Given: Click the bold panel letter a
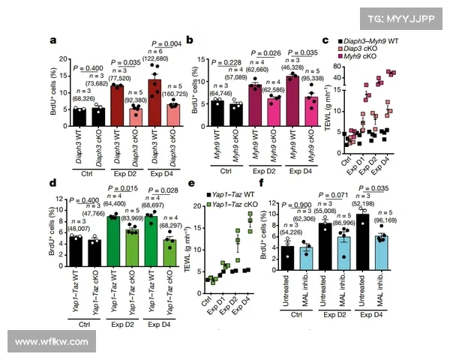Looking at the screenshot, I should click(54, 42).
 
